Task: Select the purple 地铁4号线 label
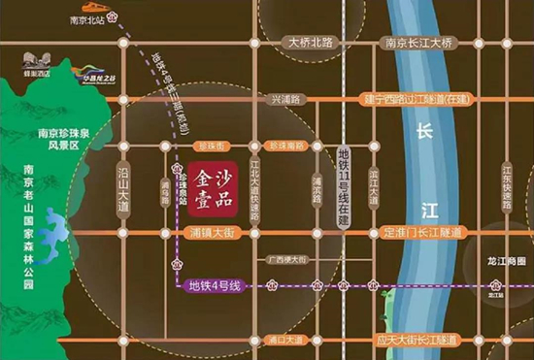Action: click(214, 285)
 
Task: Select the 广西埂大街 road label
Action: click(286, 260)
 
